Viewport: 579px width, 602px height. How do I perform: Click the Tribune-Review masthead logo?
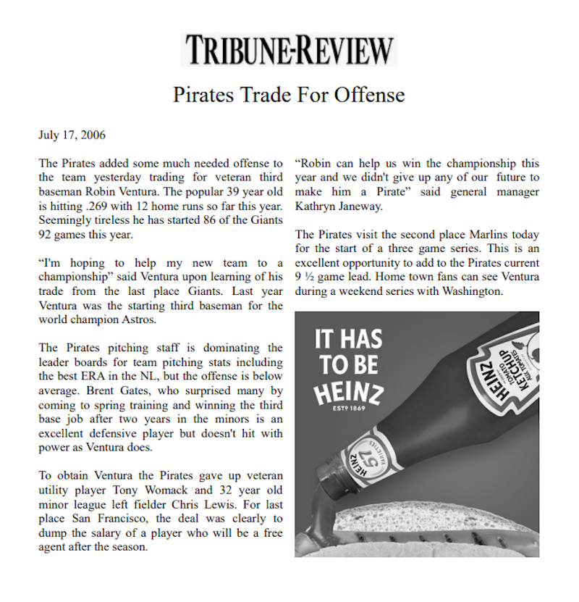click(x=289, y=49)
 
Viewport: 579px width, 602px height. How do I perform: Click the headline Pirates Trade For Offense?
click(x=289, y=95)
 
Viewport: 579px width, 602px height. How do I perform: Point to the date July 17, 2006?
click(x=72, y=135)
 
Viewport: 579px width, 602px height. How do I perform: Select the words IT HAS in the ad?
click(x=348, y=339)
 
